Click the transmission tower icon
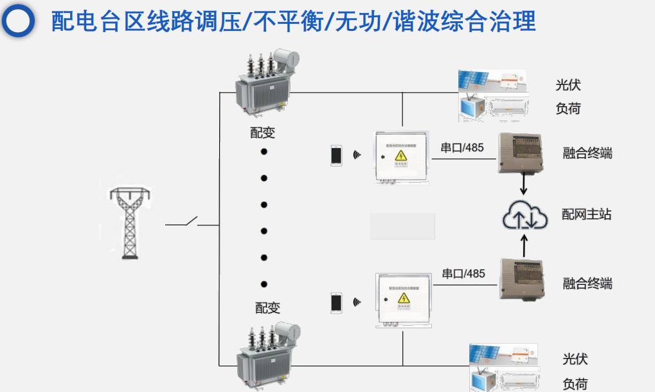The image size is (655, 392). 130,223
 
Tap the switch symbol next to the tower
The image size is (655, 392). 192,223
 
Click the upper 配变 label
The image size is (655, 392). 263,133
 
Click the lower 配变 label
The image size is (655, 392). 268,308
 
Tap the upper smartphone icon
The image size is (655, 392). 336,156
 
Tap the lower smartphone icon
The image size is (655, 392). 336,303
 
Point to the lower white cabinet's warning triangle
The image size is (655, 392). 404,298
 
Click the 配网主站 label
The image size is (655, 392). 586,214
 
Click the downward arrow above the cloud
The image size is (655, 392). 524,184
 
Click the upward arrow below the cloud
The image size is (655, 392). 524,245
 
